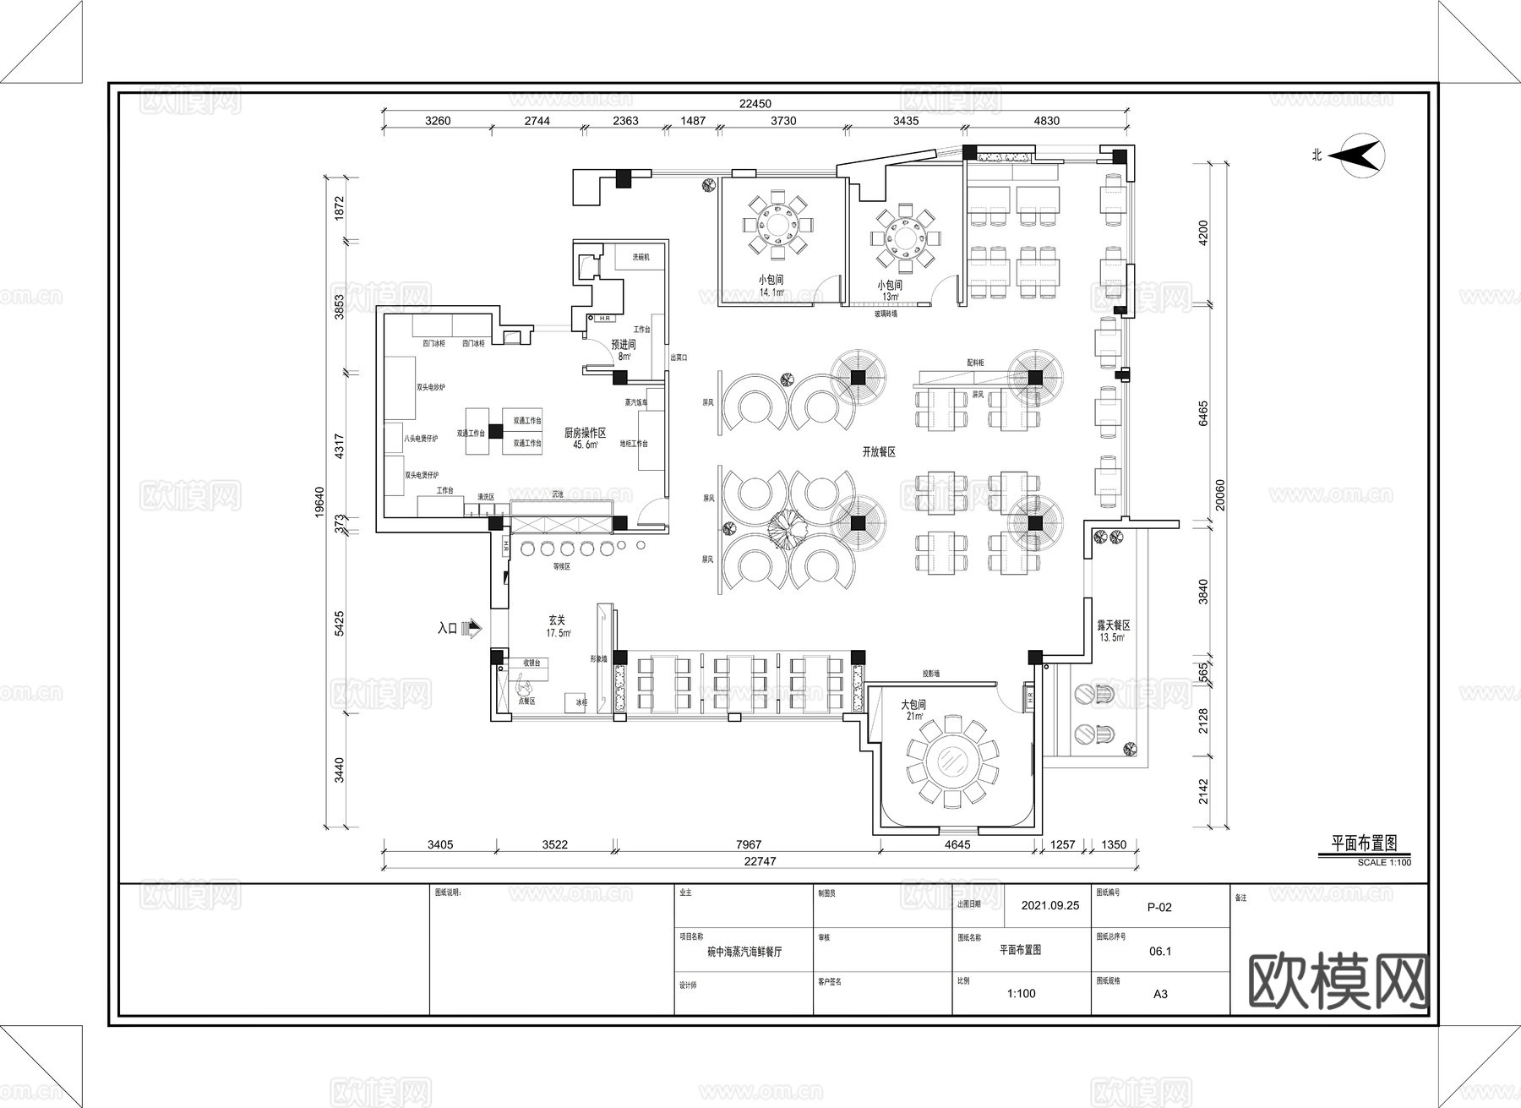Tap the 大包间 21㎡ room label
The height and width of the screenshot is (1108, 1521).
pos(913,710)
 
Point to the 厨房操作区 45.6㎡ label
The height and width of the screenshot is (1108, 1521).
pos(586,438)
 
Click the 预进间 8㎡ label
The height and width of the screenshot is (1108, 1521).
pos(624,350)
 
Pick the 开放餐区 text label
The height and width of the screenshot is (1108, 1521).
pos(879,452)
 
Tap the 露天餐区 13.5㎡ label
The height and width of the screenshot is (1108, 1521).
pos(1113,630)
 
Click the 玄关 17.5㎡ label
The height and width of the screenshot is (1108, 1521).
pos(558,626)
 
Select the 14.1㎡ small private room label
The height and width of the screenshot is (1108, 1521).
pos(771,286)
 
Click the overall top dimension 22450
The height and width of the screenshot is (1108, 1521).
pos(755,104)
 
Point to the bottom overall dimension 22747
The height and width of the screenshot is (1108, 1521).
pos(760,861)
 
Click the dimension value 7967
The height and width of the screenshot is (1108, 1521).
pos(749,844)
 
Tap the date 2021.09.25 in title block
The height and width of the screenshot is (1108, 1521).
pos(1049,905)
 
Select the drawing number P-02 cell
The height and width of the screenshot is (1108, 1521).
pos(1159,908)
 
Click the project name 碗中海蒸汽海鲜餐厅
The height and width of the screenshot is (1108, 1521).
pos(744,952)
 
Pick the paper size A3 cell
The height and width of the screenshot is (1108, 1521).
pos(1160,994)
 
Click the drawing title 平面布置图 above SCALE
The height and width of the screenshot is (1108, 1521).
pos(1364,843)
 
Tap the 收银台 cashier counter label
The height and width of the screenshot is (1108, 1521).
pos(532,663)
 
